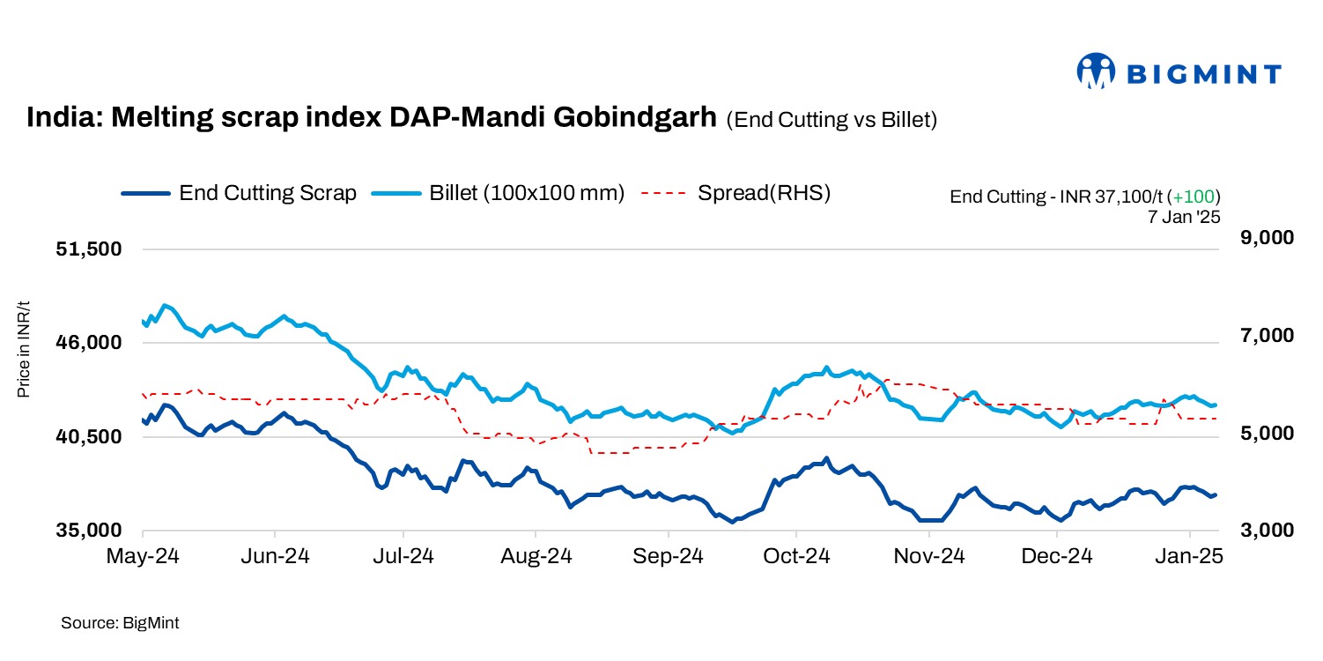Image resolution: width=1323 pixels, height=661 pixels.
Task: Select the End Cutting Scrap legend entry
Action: coord(239,193)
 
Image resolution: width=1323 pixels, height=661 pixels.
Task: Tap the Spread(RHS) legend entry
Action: coord(736,193)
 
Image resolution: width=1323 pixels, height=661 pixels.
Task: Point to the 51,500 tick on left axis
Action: coord(87,249)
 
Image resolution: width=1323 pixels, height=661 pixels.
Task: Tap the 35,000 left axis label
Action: coord(87,531)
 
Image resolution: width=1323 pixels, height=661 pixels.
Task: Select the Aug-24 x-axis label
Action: coord(536,557)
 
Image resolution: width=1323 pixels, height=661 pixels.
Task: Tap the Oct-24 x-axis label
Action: coord(795,557)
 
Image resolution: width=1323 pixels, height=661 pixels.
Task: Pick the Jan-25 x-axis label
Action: coord(1190,557)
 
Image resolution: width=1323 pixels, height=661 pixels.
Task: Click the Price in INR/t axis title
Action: coord(24,349)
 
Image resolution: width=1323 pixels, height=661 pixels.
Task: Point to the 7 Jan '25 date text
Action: coord(1184,217)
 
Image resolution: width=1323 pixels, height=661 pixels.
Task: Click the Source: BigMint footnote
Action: coord(120,623)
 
